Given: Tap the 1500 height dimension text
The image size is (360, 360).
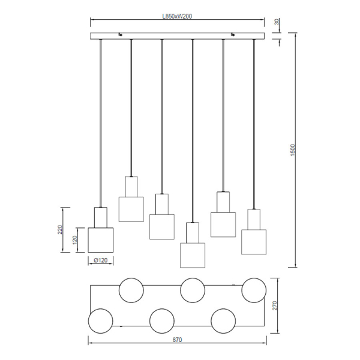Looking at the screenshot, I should pos(293,150).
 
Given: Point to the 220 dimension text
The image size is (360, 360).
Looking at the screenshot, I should pos(60,230).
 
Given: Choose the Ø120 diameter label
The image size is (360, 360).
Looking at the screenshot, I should pos(101,260).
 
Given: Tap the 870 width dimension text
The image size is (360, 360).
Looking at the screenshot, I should pos(177,340).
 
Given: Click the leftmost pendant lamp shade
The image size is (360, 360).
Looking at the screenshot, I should pos(101,240).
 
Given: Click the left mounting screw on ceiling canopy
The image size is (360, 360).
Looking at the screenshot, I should pos(121,34).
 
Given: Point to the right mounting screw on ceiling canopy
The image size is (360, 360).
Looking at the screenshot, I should pos(233,34).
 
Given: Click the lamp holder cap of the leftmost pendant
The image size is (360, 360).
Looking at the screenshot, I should pos(101,217).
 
